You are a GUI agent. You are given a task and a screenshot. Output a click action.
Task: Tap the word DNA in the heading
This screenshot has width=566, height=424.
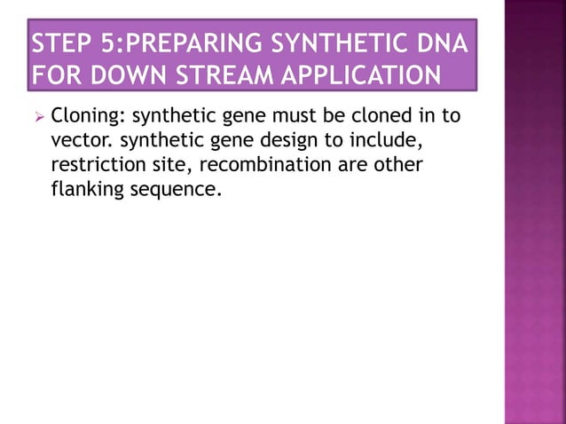(444, 43)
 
